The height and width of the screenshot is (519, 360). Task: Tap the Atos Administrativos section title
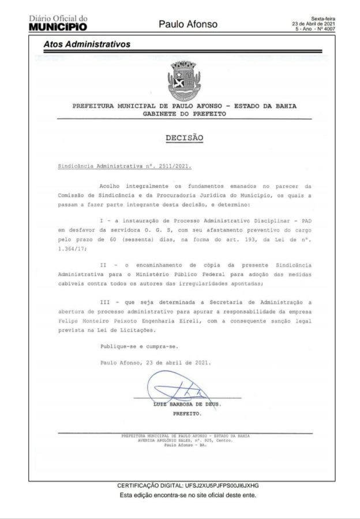[x=87, y=44]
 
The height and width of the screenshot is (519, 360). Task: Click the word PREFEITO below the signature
[x=187, y=414]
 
